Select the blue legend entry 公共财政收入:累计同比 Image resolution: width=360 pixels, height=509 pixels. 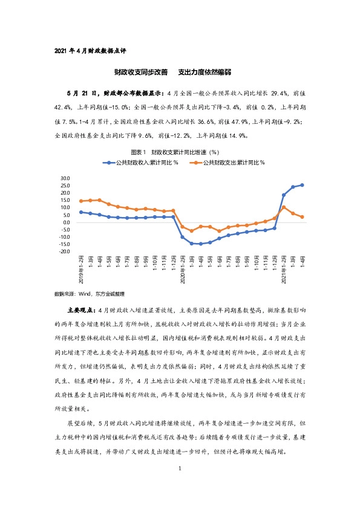click(x=143, y=163)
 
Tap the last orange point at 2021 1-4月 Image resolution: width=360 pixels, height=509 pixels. click(x=302, y=217)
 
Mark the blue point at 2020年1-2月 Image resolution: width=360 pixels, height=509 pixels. click(x=182, y=237)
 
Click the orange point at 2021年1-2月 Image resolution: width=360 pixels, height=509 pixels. click(x=283, y=207)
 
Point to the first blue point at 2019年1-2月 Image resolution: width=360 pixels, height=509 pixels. click(x=81, y=212)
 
